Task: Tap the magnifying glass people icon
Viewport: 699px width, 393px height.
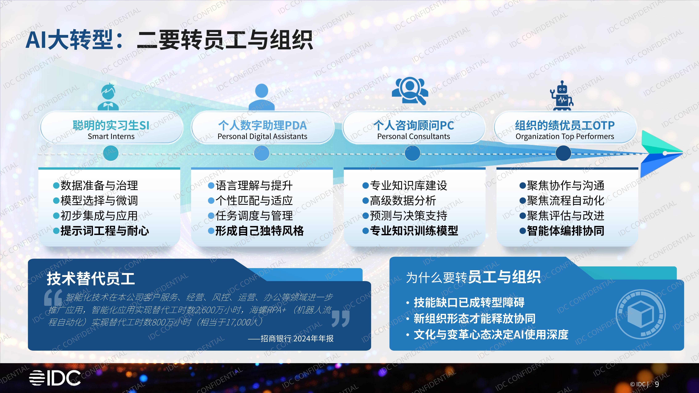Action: [410, 91]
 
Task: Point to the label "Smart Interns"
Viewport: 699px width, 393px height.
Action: [111, 136]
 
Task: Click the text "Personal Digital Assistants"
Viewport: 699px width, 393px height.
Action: [262, 136]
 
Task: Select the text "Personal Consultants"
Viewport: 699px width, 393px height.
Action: [413, 136]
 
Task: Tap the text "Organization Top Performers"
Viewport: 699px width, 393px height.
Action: [565, 136]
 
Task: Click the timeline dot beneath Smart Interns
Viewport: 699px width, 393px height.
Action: [111, 153]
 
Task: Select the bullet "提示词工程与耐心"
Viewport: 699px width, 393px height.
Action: [104, 231]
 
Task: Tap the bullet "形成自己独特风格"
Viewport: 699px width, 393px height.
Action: [259, 231]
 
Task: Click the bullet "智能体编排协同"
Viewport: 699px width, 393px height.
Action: [566, 231]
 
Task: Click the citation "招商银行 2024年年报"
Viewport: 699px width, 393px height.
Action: [297, 338]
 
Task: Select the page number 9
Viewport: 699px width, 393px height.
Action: [657, 384]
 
